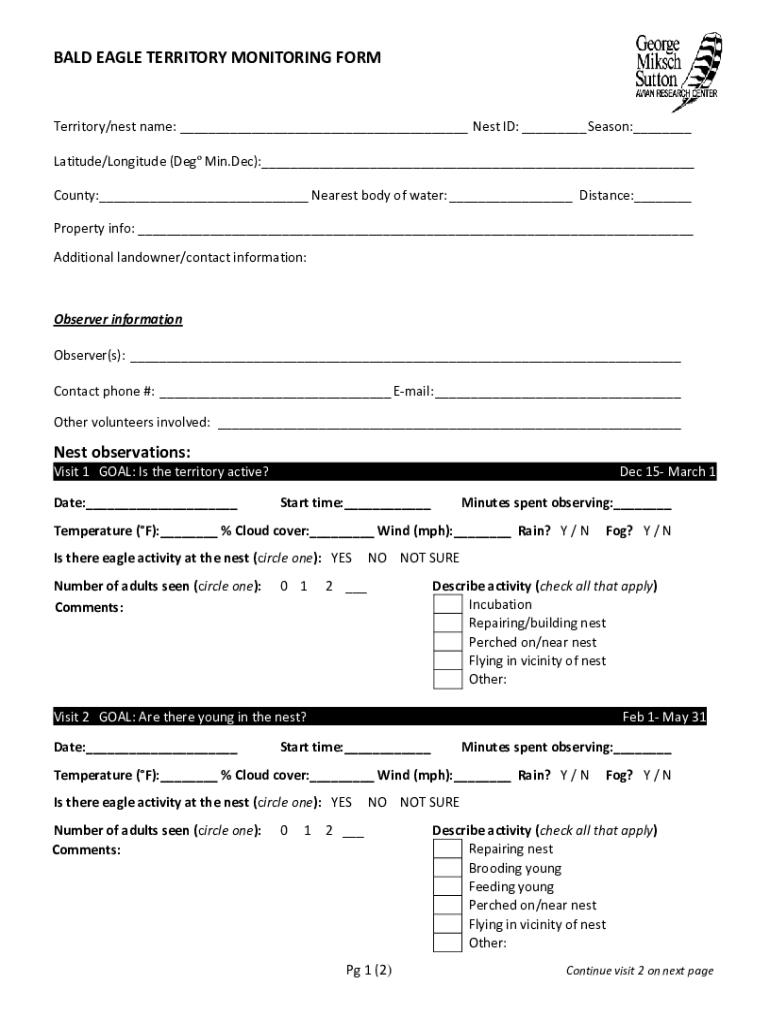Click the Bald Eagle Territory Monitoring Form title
click(217, 58)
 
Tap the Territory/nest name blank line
click(323, 129)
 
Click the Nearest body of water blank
click(511, 197)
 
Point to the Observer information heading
click(118, 320)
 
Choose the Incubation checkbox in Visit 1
click(447, 605)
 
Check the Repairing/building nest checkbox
click(447, 624)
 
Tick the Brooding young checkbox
click(447, 869)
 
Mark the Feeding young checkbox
click(447, 888)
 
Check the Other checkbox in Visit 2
click(447, 943)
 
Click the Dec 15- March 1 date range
click(667, 472)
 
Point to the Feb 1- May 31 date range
click(664, 717)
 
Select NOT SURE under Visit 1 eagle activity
click(429, 558)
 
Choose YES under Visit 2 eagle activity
click(341, 802)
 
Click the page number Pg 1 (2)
click(369, 971)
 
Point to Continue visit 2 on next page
click(639, 971)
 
